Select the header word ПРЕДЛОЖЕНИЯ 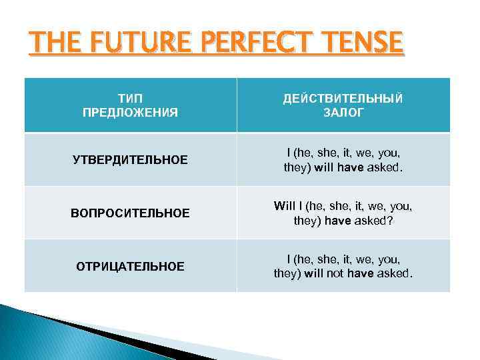(130, 113)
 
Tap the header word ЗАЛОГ (343, 113)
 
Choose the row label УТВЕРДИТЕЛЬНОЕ (130, 160)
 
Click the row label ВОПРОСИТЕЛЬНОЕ (130, 213)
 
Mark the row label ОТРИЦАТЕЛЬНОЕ (130, 267)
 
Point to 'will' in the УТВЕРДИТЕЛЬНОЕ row (321, 167)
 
